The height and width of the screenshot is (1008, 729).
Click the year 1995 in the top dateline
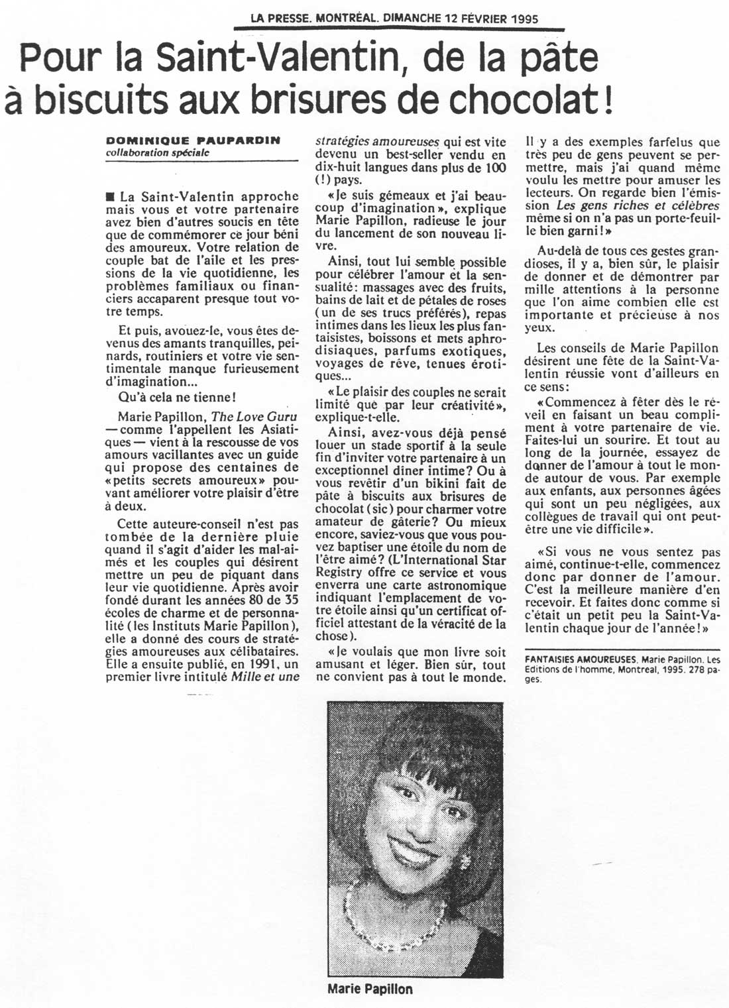pyautogui.click(x=526, y=19)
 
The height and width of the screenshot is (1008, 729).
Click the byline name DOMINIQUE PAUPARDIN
pyautogui.click(x=193, y=140)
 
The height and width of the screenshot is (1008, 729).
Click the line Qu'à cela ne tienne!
pyautogui.click(x=177, y=397)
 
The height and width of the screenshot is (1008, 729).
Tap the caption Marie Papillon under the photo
pyautogui.click(x=370, y=989)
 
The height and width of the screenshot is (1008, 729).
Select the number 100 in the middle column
pyautogui.click(x=494, y=168)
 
